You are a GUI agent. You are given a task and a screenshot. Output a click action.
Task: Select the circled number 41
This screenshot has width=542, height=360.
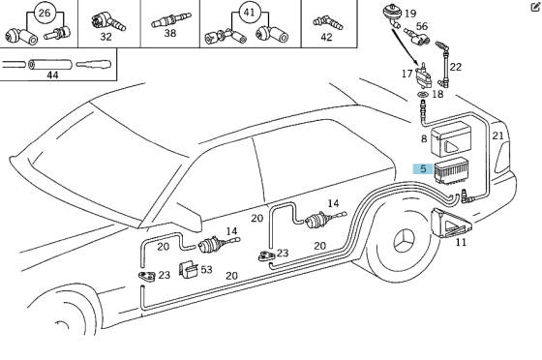(x=250, y=13)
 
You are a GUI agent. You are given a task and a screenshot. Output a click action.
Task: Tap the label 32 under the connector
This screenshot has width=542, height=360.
(x=106, y=37)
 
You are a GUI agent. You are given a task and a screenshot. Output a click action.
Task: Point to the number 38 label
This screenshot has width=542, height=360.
(x=169, y=33)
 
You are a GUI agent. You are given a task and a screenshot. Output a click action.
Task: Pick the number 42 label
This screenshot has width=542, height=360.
(x=326, y=37)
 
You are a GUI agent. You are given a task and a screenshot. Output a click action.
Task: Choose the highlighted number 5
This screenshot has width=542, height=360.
(x=423, y=168)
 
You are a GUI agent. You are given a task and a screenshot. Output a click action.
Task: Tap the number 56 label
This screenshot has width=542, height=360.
(x=421, y=26)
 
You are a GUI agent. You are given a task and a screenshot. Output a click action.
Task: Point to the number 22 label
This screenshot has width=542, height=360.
(x=455, y=67)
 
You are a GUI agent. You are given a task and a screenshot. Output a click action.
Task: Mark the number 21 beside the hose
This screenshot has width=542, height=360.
(x=497, y=135)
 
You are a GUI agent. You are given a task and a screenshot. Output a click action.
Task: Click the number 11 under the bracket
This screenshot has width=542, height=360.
(x=461, y=242)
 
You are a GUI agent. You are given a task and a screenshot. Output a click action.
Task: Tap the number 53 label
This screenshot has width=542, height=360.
(x=205, y=270)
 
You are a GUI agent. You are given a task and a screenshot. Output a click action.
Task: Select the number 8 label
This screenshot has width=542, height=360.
(x=423, y=139)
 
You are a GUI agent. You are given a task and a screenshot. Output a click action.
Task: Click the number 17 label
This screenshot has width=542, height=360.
(x=407, y=74)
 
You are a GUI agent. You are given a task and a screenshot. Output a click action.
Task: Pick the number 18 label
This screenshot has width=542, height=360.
(x=437, y=94)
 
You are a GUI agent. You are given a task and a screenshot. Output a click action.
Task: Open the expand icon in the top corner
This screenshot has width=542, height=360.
(x=534, y=6)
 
